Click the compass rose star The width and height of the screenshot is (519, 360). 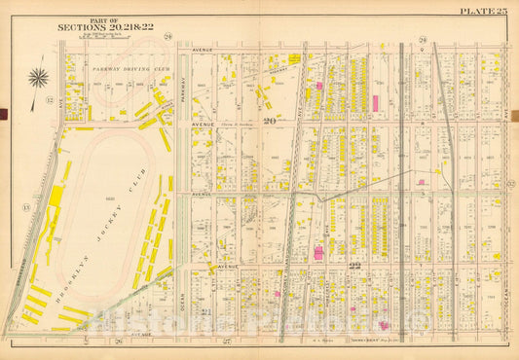coord(39,78)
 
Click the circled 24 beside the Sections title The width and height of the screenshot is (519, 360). coord(167,37)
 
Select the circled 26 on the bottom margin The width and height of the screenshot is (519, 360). coord(118,342)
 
